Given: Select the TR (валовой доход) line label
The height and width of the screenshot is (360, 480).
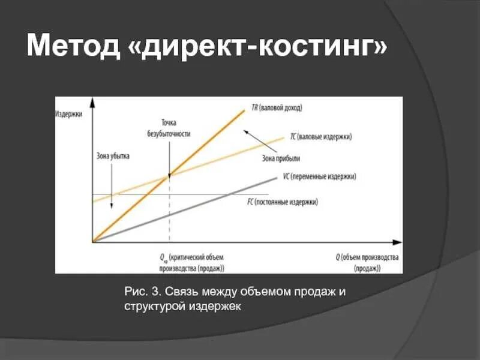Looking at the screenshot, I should coord(277,109).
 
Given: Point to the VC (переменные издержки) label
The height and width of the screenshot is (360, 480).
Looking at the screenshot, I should coord(320,177).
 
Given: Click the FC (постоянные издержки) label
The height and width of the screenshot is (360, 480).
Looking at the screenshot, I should coord(282,202).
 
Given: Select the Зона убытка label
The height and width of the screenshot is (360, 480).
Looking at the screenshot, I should coord(112,156).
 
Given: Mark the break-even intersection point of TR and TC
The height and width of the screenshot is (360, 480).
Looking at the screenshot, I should coord(169,176).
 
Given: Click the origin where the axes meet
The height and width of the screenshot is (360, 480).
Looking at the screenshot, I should coord(92,242).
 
